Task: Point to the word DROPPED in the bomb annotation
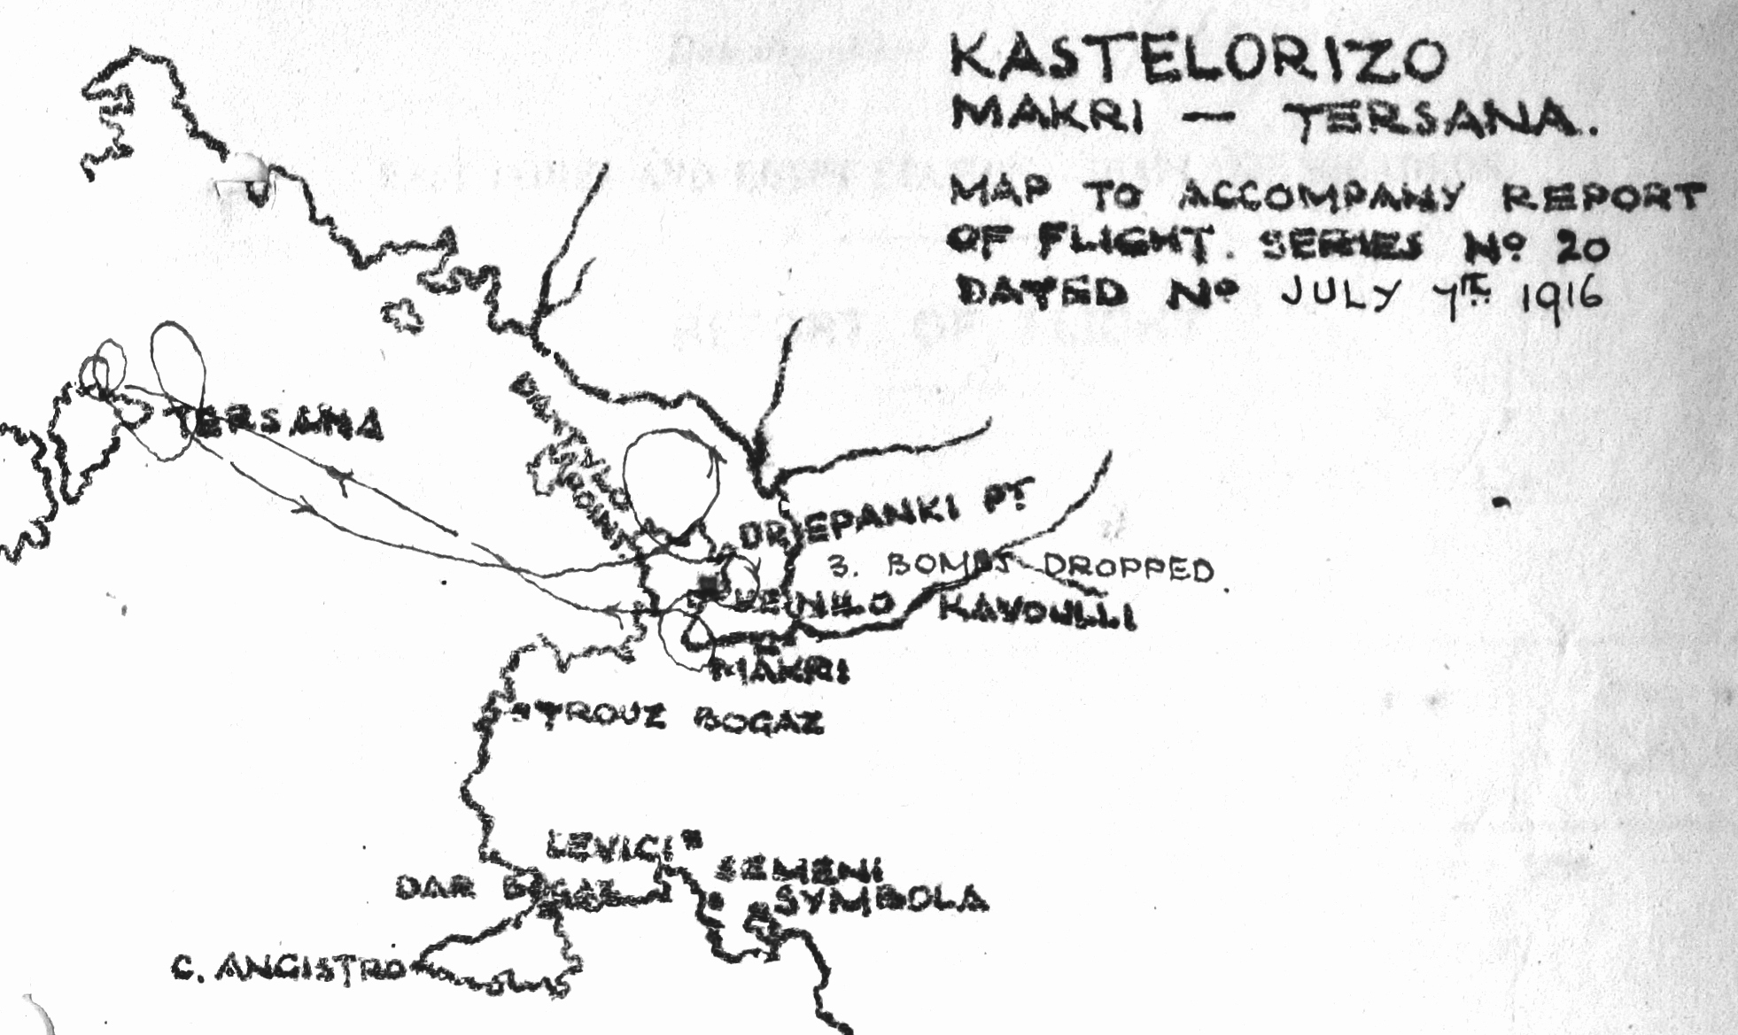1125,568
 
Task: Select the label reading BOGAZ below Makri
758,723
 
